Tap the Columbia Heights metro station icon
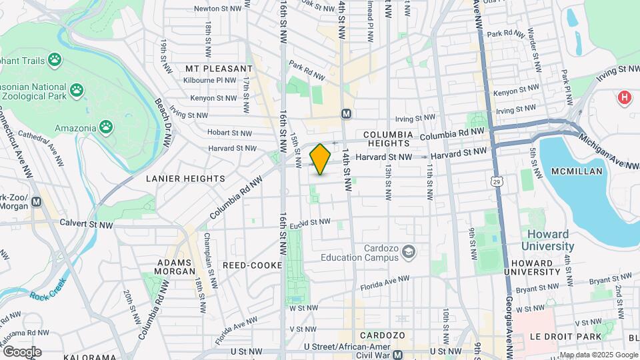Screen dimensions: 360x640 346,114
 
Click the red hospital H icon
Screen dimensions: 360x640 624,98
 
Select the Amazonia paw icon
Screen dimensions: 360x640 106,126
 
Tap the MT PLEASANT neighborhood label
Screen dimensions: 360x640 219,69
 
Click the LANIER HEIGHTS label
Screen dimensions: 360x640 186,179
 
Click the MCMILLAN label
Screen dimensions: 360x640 577,171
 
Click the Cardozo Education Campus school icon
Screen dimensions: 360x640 408,252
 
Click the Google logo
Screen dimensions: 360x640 22,351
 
